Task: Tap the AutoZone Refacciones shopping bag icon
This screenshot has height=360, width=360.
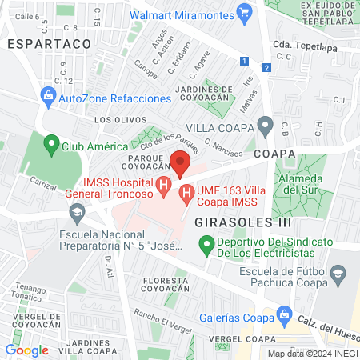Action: click(x=48, y=98)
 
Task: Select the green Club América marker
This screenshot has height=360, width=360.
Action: click(x=52, y=146)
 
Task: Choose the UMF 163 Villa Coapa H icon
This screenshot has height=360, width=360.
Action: click(x=186, y=193)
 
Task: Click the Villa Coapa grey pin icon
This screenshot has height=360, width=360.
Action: click(x=265, y=126)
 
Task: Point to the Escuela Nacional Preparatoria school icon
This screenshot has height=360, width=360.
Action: click(x=78, y=213)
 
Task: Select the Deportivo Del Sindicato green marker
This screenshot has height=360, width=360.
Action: click(x=206, y=242)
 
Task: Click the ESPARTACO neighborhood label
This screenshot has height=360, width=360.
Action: click(x=38, y=46)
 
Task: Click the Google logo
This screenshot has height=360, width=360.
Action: click(x=26, y=350)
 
